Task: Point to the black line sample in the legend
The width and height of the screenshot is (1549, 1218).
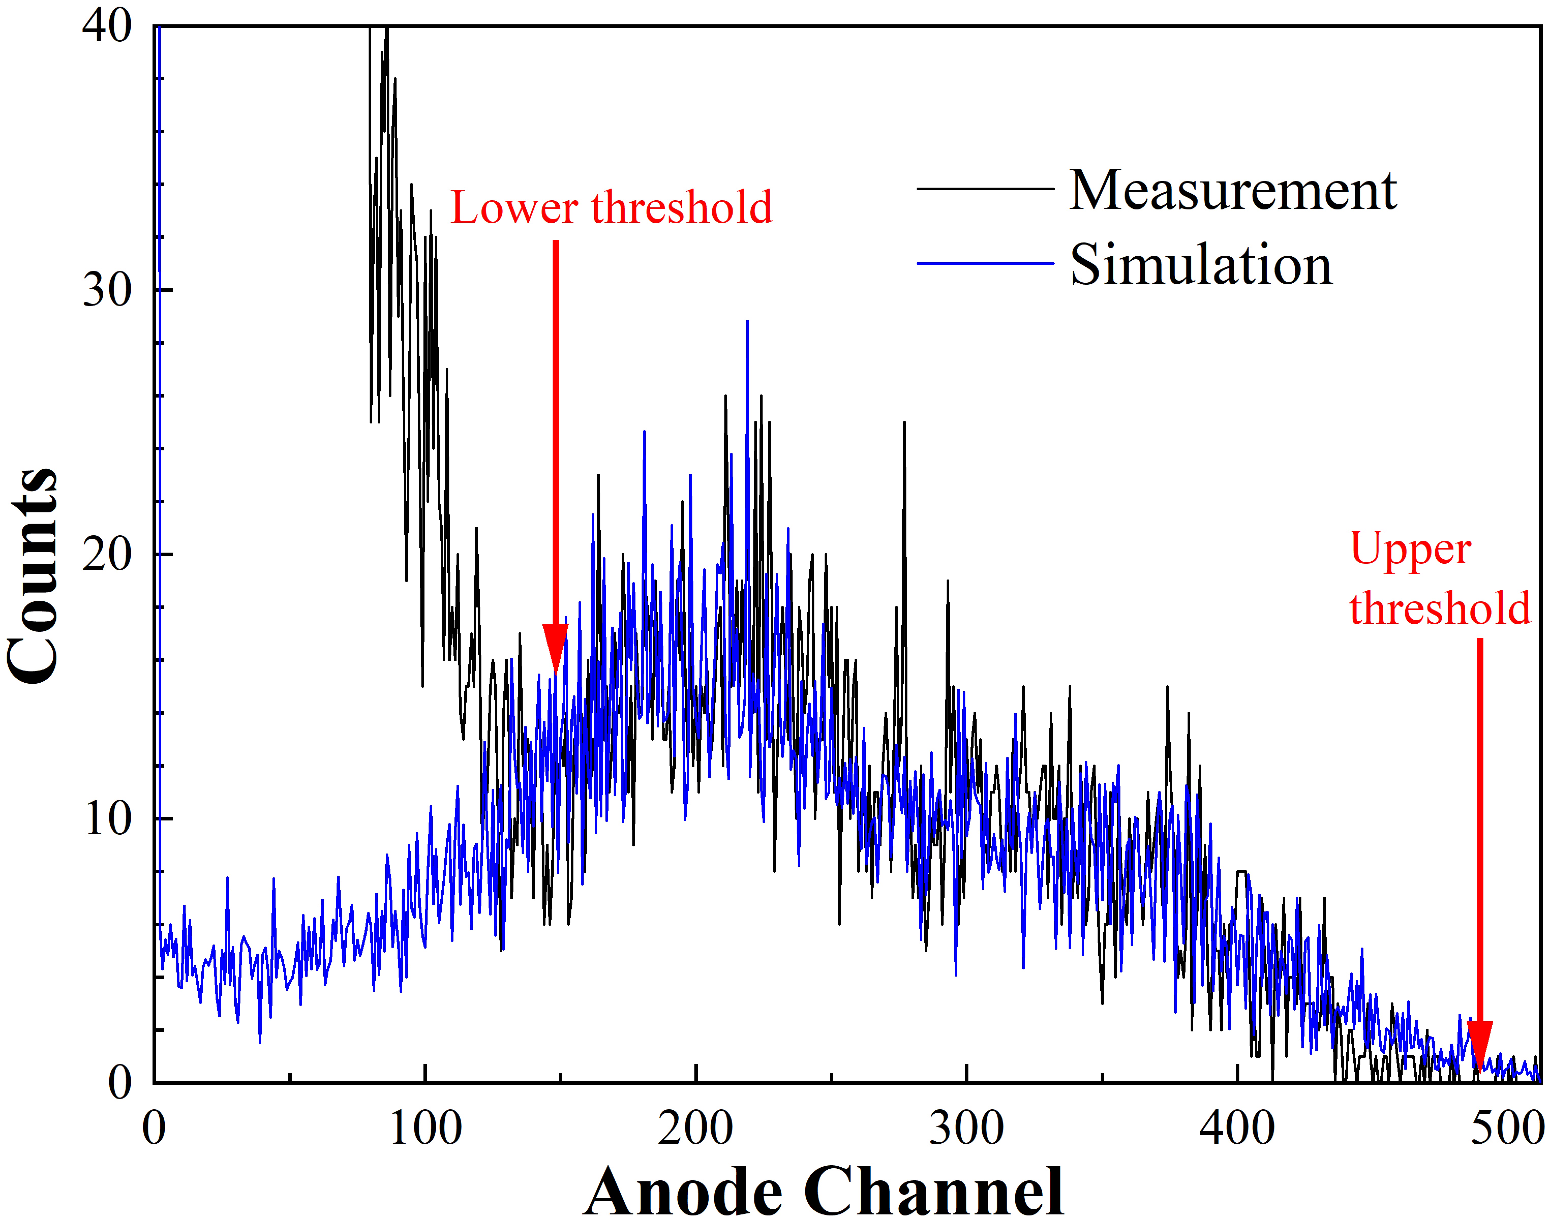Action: pos(984,189)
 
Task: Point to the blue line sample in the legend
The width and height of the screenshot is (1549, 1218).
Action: pos(984,264)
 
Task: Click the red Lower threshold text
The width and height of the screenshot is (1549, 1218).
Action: pos(611,207)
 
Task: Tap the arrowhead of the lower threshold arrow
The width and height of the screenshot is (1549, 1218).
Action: pos(556,645)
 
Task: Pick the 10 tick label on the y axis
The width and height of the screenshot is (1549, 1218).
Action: pos(107,819)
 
